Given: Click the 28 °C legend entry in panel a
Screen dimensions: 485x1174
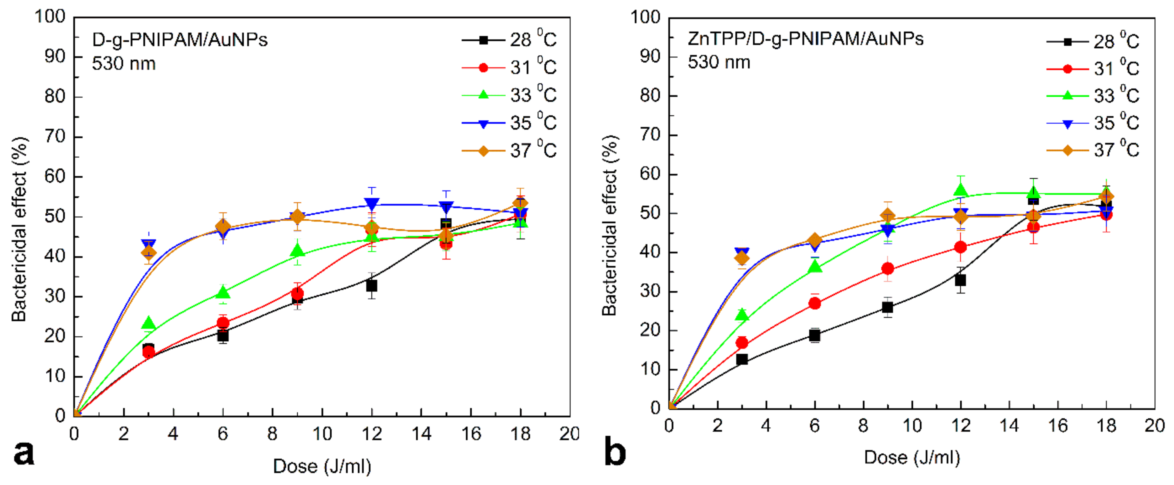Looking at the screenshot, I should coord(508,40).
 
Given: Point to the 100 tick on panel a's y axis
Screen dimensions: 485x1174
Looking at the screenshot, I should coord(50,17).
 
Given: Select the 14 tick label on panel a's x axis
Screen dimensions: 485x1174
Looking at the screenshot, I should coord(421,434).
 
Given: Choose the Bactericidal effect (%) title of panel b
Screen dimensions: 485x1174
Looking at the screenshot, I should coord(609,225).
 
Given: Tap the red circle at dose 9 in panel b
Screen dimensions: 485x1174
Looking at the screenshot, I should coord(887,269).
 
